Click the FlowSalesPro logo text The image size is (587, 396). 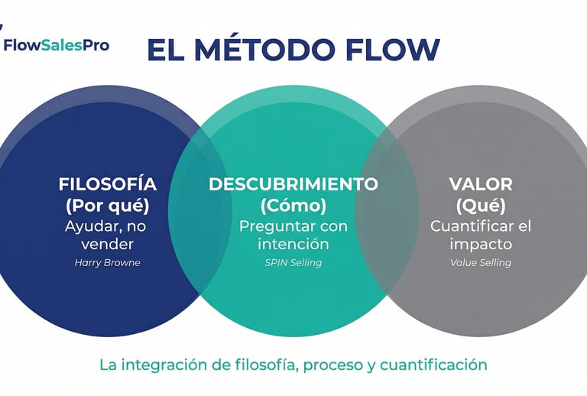coord(57,45)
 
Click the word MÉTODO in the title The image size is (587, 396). coord(266,50)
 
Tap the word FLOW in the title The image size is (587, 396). coord(394,50)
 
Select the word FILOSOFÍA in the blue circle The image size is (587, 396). coord(108,184)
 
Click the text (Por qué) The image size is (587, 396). coord(108,206)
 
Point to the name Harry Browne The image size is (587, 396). coord(108,262)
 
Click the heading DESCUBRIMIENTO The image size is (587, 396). coord(293,184)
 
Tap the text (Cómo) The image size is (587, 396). coord(293,206)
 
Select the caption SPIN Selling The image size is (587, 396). coord(293,262)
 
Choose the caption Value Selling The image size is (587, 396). coord(481,262)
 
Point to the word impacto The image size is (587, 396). coord(481,245)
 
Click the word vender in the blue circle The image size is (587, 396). coord(108,245)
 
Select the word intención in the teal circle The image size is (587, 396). coord(293,245)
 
